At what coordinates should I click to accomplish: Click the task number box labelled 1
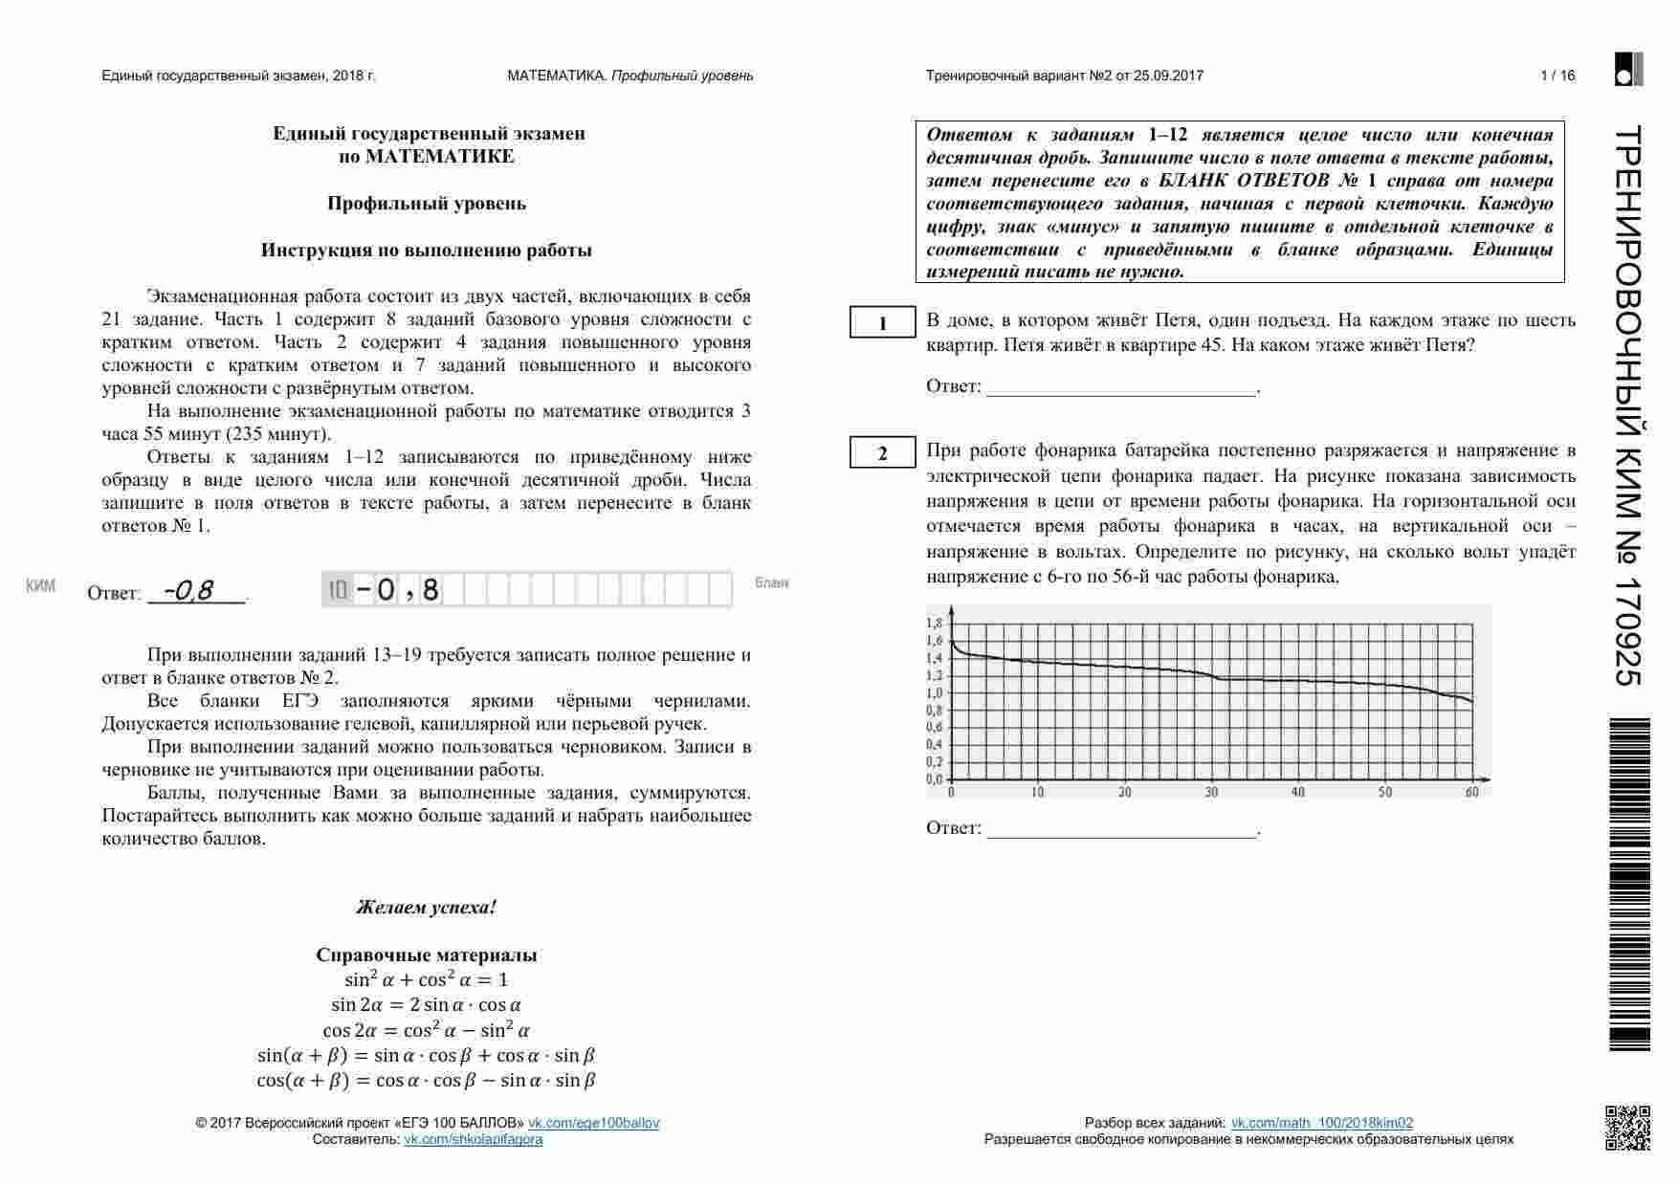point(883,323)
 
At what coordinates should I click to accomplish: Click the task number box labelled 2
point(883,453)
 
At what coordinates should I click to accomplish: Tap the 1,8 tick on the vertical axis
point(934,623)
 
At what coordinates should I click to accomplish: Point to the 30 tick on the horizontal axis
point(1211,792)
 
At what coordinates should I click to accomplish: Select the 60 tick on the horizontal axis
point(1471,792)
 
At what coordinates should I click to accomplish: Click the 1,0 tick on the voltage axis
point(934,692)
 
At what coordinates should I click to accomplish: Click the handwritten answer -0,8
point(189,591)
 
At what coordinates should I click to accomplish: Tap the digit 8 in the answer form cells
point(431,590)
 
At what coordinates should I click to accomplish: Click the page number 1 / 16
point(1557,76)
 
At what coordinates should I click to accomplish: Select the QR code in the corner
point(1627,1127)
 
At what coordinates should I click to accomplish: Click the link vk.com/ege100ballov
point(593,1123)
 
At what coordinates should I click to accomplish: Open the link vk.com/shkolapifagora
point(473,1139)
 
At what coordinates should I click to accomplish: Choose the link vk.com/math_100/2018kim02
point(1321,1123)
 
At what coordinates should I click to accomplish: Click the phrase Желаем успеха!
point(427,907)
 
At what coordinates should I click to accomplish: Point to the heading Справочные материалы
point(427,955)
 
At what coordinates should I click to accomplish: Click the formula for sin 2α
point(427,1004)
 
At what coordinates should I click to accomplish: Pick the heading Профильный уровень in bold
point(427,203)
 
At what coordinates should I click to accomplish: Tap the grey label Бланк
point(772,582)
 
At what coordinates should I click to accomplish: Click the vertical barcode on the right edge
point(1630,885)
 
